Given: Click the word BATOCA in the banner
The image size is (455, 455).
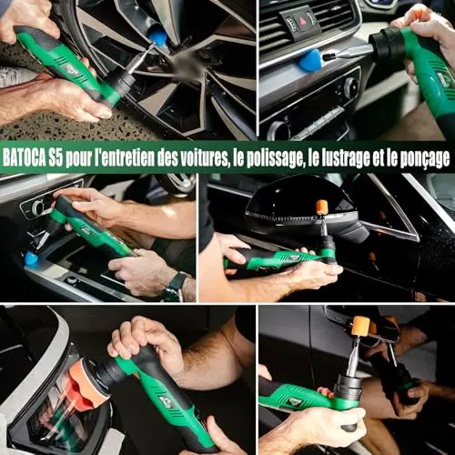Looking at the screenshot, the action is click(24, 157).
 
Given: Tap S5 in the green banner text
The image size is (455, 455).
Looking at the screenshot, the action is click(56, 157).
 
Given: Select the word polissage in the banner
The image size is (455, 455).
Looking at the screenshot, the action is click(276, 158).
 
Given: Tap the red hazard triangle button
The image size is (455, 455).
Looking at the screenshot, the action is click(302, 22).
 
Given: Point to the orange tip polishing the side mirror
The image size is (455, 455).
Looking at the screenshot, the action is click(321, 207).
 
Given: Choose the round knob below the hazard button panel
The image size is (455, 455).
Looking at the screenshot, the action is click(350, 87).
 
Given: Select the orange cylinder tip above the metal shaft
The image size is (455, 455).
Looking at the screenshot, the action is click(361, 326).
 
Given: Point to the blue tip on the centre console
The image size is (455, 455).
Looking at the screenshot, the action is click(31, 258).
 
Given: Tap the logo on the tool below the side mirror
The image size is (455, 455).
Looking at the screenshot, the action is click(294, 258).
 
